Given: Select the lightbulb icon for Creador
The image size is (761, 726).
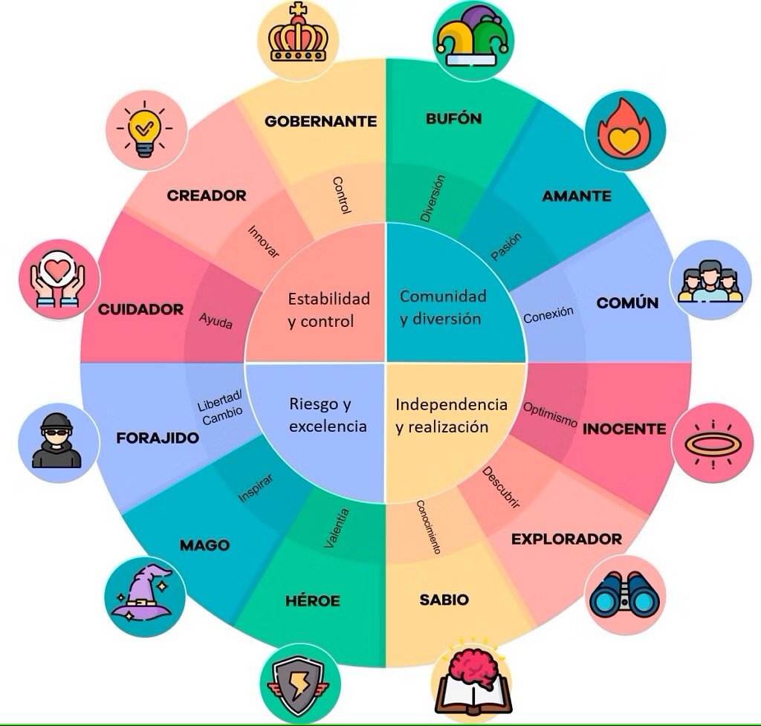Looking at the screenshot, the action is pyautogui.click(x=145, y=129).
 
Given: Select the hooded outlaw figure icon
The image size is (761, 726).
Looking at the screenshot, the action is pyautogui.click(x=56, y=441).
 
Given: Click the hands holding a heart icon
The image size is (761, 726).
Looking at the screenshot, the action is pyautogui.click(x=57, y=279).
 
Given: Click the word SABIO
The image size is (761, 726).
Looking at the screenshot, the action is pyautogui.click(x=444, y=600).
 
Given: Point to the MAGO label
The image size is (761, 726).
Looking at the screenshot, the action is pyautogui.click(x=205, y=545).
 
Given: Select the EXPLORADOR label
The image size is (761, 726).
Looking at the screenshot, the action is pyautogui.click(x=566, y=539).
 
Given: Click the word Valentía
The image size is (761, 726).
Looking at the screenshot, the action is pyautogui.click(x=337, y=528).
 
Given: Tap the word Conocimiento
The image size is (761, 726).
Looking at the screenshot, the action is pyautogui.click(x=429, y=527).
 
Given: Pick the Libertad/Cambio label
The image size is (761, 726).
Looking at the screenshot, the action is pyautogui.click(x=221, y=408).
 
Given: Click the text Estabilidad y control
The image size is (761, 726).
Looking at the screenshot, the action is pyautogui.click(x=328, y=310).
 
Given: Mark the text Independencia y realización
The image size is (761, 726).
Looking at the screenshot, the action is pyautogui.click(x=451, y=415).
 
